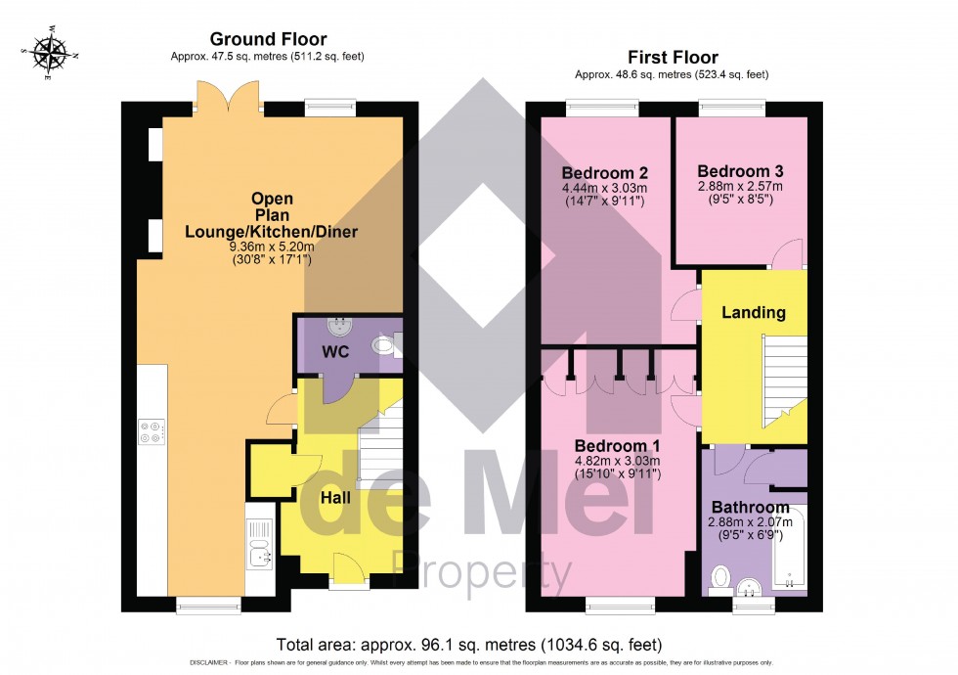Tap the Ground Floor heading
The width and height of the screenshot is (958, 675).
268,39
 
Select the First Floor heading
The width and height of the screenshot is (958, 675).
675,58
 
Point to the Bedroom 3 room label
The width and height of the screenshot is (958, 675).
740,170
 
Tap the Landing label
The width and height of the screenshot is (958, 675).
753,313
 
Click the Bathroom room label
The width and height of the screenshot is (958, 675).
750,508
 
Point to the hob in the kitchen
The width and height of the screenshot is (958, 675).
152,431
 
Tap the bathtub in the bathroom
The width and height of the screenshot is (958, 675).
789,548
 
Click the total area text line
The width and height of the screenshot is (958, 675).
469,645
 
